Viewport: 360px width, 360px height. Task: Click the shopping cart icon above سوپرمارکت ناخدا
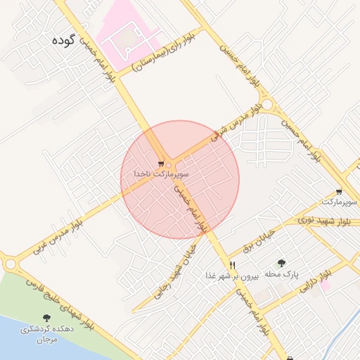160,164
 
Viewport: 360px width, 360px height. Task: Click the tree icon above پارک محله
282,263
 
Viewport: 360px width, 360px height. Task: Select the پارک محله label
285,274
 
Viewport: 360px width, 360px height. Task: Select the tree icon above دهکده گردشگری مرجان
46,318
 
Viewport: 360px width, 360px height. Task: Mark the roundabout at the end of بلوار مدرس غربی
11,264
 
